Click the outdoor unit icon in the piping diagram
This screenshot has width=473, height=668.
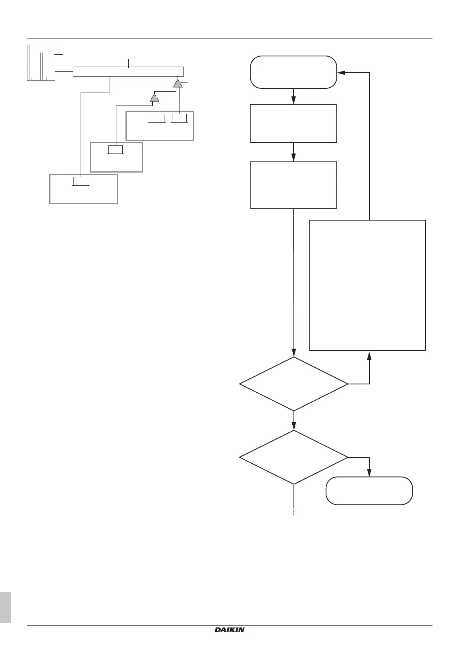(x=41, y=63)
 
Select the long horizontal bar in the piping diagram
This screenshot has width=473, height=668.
(x=128, y=72)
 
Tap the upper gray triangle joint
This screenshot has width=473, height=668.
(x=178, y=84)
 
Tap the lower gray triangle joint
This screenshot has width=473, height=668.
(x=154, y=98)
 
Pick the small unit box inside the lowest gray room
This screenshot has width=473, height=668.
(x=81, y=182)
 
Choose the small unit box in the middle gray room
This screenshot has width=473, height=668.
(x=116, y=150)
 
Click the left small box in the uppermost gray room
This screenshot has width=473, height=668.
(x=157, y=118)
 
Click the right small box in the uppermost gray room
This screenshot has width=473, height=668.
(x=180, y=118)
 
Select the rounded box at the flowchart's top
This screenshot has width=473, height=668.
(x=293, y=72)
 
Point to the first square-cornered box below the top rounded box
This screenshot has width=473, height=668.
(x=293, y=123)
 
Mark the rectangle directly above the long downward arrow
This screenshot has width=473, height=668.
(x=293, y=185)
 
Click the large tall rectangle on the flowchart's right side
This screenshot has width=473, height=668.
(x=367, y=285)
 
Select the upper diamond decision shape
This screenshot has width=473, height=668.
(x=293, y=384)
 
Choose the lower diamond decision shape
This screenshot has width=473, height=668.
(x=293, y=457)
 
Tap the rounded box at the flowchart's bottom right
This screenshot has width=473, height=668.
(x=369, y=491)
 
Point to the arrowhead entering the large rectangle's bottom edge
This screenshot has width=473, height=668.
(x=370, y=354)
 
